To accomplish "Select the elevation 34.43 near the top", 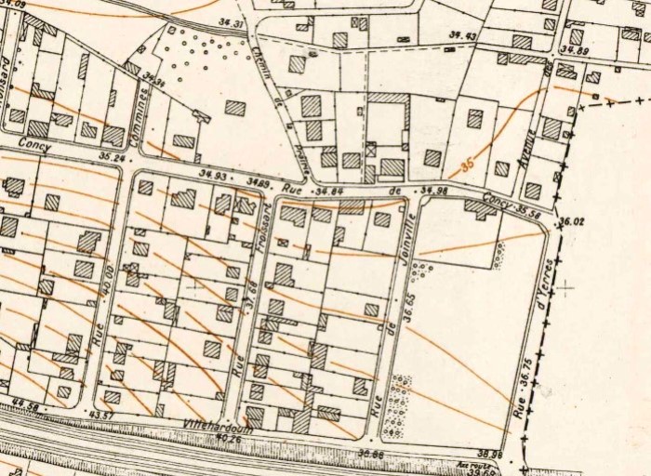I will point(462,36).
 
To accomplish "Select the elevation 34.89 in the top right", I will point(576,51).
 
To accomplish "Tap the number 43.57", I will point(100,415).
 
